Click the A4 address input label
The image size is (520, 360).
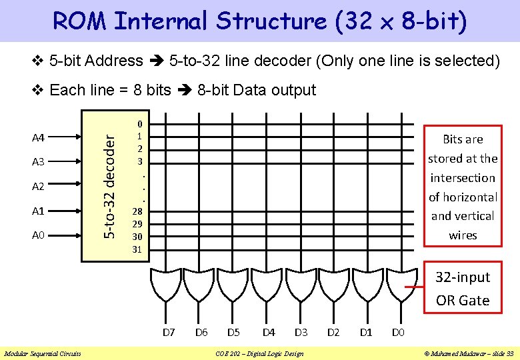click(38, 138)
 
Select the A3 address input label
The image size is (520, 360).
click(38, 162)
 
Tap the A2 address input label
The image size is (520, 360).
click(38, 187)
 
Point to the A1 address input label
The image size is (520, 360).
click(38, 211)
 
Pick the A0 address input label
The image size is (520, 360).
click(38, 235)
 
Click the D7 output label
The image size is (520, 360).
click(169, 331)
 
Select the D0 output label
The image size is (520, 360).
click(398, 331)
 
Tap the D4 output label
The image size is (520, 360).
click(269, 331)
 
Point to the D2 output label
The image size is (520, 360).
click(333, 331)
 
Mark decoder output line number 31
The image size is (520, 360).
click(137, 249)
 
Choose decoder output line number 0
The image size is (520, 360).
click(139, 123)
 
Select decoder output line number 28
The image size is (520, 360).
click(137, 211)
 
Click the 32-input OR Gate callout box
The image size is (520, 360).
click(463, 289)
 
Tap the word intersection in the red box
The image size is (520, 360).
click(463, 178)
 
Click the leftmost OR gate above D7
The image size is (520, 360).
click(165, 286)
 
